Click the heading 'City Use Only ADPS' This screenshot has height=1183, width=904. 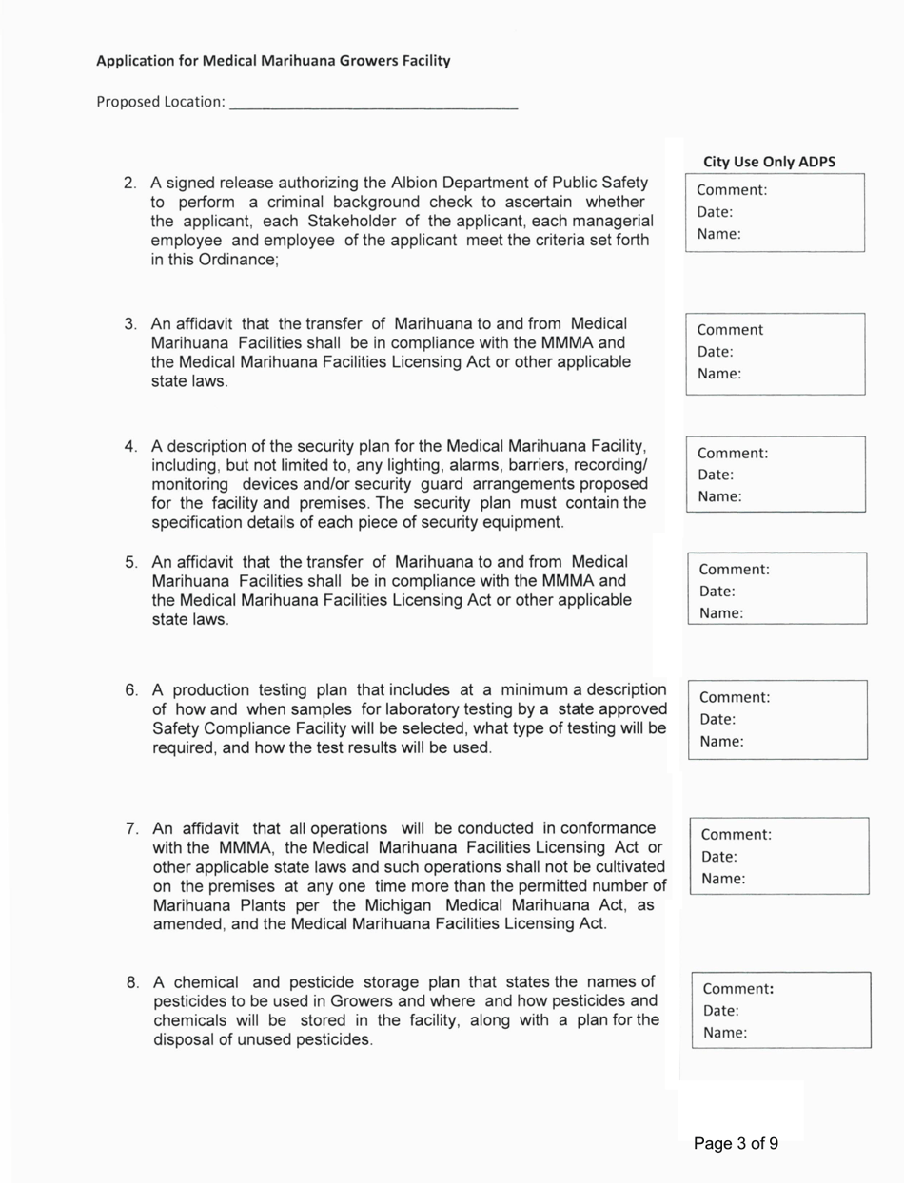click(x=769, y=162)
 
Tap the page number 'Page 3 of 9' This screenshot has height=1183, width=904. click(x=736, y=1144)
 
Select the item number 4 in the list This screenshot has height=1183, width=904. click(x=131, y=446)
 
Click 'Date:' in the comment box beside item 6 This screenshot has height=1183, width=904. click(x=717, y=719)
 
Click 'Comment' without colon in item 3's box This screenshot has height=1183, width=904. click(x=730, y=330)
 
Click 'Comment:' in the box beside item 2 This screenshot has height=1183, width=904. click(x=732, y=189)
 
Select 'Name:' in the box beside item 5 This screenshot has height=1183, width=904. click(x=720, y=613)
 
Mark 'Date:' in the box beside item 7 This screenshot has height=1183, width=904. click(x=718, y=856)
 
